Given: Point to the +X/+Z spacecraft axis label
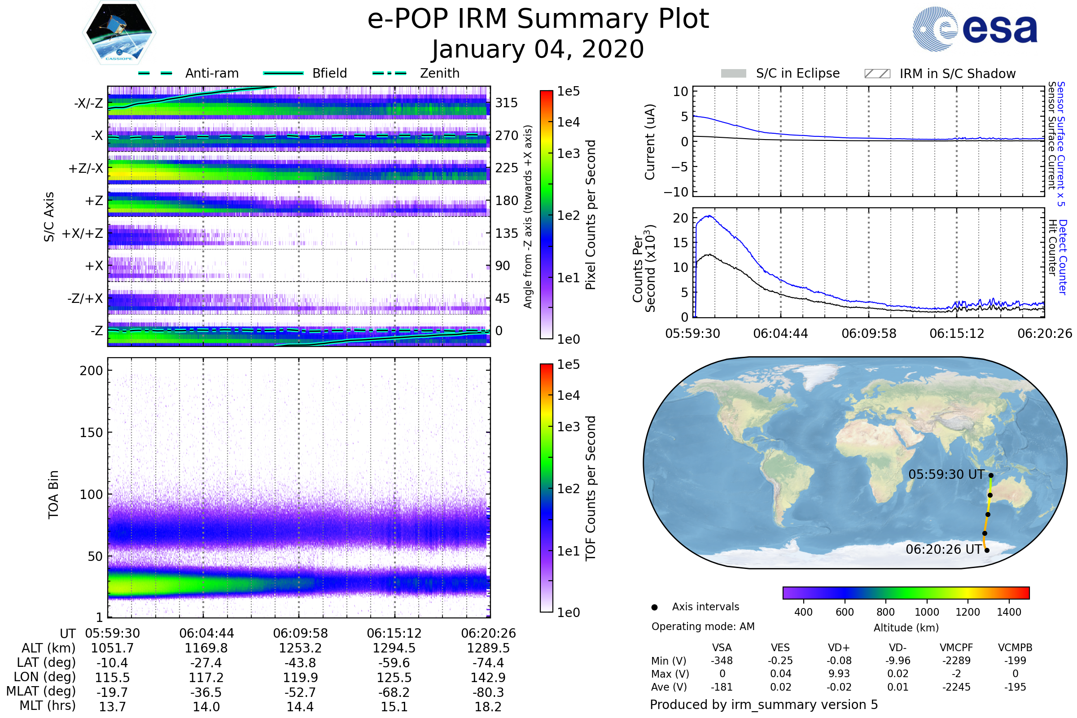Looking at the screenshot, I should pos(83,233).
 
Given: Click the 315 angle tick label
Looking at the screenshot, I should pos(507,103).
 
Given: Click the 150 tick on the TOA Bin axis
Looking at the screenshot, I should pos(91,433).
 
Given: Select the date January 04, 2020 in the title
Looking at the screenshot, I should pos(538,49).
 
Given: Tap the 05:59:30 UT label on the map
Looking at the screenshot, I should pos(946,474).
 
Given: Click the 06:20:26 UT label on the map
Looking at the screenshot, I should pos(944,549).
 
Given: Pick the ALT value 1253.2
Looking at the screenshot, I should pos(300,648).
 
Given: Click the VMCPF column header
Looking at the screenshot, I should pos(956,648).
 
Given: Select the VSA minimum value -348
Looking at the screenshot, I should pos(722,661).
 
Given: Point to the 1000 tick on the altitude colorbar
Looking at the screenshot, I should pos(927,612).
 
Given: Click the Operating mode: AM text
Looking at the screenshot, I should pos(703,626).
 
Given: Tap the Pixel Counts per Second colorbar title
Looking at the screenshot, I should pos(591,215).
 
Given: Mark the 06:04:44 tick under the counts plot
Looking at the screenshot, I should pos(780,333).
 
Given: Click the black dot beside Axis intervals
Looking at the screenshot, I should pos(654,607).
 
